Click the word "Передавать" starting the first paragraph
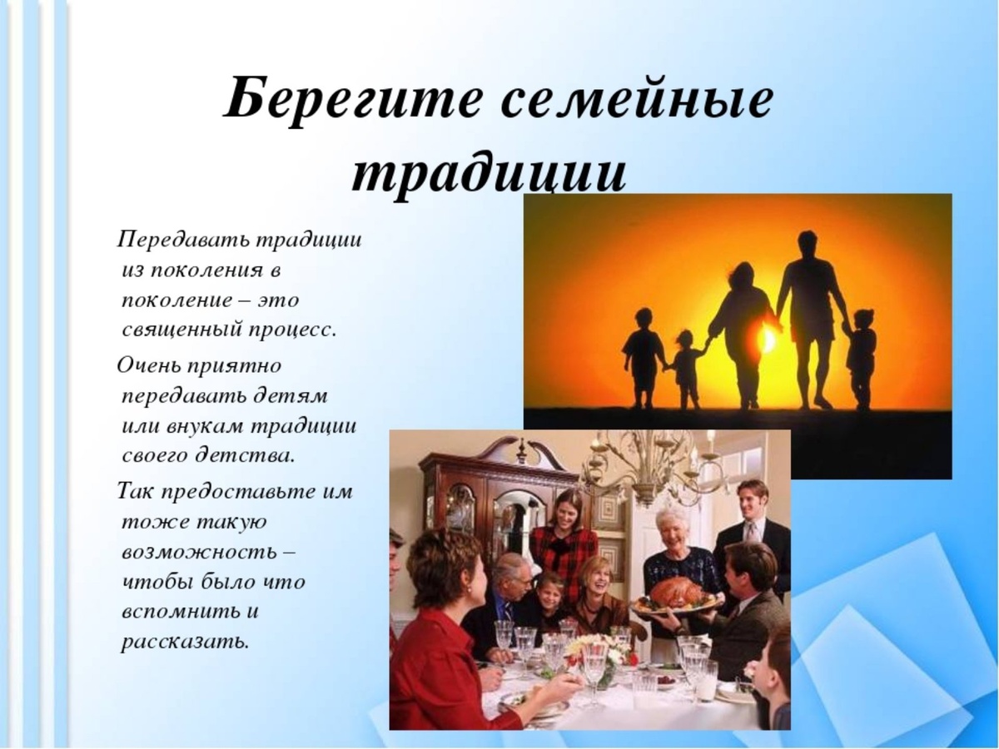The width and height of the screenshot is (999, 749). pos(183,241)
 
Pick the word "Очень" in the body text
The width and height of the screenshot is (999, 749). pos(147,366)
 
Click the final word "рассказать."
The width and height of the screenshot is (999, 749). pos(185,641)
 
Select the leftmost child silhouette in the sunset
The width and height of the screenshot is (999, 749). pos(644,350)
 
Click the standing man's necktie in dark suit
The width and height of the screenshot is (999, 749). pos(751,533)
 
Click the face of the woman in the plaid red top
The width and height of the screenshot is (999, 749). pos(567,510)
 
